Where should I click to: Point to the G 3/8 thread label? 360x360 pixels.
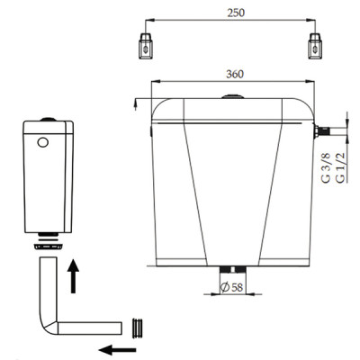[x=326, y=166]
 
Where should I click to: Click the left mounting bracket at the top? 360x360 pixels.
[x=144, y=43]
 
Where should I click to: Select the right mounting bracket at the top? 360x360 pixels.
[x=316, y=43]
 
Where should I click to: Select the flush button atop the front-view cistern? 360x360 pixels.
[x=232, y=94]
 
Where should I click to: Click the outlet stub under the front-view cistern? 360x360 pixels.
[x=233, y=270]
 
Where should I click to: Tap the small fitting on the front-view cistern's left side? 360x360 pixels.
[x=148, y=130]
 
